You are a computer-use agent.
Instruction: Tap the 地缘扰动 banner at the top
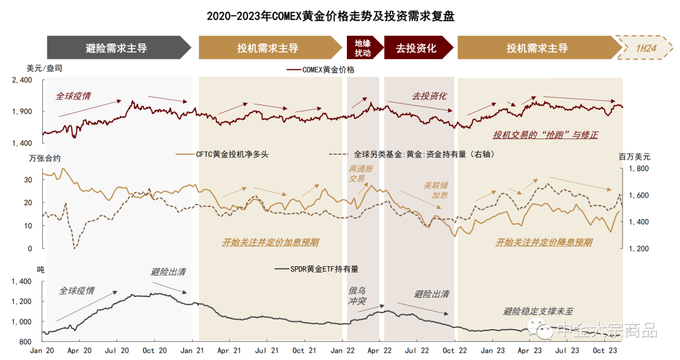(x=363, y=48)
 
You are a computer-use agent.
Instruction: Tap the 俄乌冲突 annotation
(x=358, y=296)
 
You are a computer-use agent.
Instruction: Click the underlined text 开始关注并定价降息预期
(x=543, y=242)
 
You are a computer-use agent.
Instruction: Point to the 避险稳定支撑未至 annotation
(x=538, y=311)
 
